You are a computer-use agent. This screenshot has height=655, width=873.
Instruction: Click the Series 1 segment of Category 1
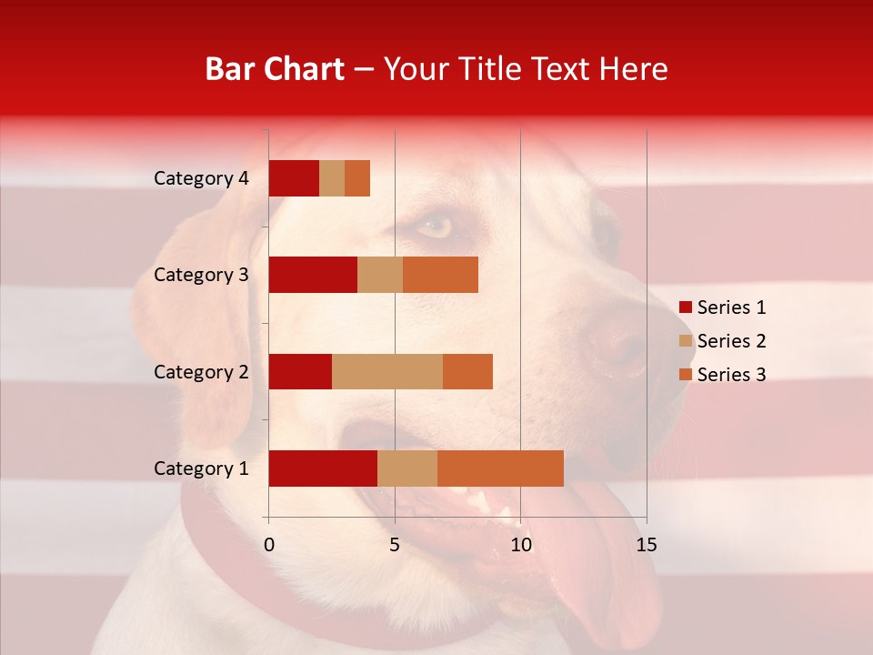tap(323, 469)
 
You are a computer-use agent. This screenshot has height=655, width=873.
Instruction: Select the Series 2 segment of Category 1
tap(407, 469)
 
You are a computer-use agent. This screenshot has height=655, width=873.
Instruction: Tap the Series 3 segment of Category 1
tap(500, 469)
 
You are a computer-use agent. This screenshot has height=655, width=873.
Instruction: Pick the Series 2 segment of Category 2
tap(387, 371)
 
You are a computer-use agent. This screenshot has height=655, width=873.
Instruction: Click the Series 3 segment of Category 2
tap(467, 371)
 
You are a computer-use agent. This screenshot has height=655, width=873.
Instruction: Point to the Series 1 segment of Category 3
tap(313, 275)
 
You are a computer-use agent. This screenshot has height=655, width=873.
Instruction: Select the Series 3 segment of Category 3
tap(440, 275)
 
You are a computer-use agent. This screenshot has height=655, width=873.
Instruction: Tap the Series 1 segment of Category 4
tap(294, 178)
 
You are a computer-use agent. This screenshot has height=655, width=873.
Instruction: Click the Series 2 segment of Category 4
tap(332, 178)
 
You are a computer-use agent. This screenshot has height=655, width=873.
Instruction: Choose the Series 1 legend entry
tap(722, 307)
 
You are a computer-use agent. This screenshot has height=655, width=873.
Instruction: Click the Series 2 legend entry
tap(722, 341)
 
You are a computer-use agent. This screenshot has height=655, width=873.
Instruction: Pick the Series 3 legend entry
tap(722, 375)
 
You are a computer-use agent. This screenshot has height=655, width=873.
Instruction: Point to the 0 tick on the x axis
tap(269, 545)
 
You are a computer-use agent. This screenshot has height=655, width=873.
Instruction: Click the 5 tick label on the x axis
tap(395, 545)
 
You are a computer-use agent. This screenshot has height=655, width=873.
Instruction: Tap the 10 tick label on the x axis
tap(520, 545)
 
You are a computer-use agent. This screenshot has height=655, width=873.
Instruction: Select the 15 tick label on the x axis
tap(646, 545)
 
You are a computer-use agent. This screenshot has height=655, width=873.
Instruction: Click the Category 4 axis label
tap(201, 178)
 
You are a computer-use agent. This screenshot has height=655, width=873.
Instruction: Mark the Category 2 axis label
tap(201, 371)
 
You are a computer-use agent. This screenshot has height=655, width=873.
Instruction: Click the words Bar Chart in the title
tap(275, 69)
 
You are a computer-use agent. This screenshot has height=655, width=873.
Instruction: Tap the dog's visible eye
tap(435, 227)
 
